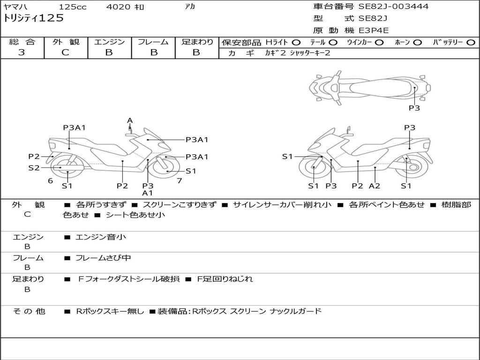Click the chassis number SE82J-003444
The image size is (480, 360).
(393, 7)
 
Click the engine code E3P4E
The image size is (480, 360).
(374, 30)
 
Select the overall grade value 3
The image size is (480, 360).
(22, 52)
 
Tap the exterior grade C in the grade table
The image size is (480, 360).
(66, 52)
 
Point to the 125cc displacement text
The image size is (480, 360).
(73, 7)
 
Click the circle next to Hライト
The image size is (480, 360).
(296, 42)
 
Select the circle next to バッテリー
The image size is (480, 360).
(471, 42)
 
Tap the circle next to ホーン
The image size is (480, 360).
(417, 42)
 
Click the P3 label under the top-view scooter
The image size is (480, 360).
(414, 108)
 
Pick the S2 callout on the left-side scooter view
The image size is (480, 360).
(34, 167)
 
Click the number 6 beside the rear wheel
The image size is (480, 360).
(50, 180)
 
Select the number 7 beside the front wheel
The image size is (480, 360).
(179, 180)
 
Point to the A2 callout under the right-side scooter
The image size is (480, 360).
(374, 186)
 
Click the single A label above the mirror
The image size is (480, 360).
(130, 120)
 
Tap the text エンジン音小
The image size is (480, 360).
(100, 237)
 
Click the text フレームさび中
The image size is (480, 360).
(103, 258)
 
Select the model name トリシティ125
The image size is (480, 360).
(33, 18)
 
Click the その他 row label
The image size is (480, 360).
(28, 311)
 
